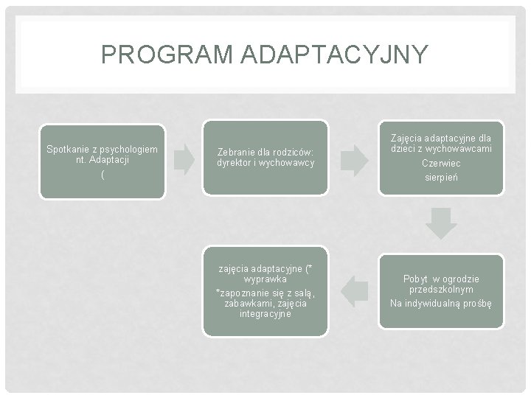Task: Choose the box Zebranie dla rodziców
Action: (x=265, y=158)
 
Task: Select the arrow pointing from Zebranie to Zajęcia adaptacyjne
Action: (x=355, y=159)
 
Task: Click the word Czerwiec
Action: (x=441, y=164)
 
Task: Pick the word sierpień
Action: (x=441, y=178)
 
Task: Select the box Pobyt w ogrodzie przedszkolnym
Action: (x=441, y=290)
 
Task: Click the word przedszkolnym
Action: (x=441, y=290)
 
